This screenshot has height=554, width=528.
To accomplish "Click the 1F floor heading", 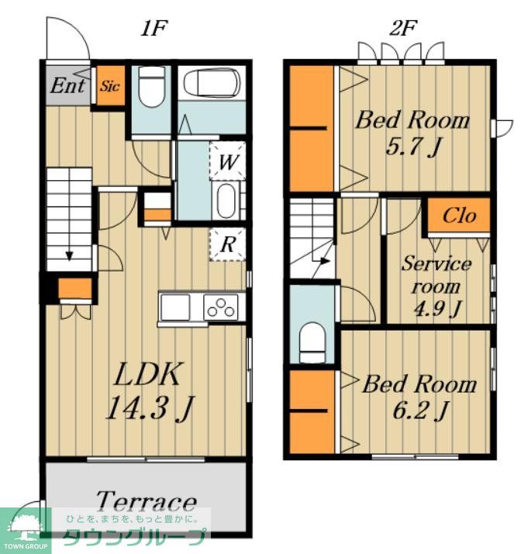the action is [x=154, y=28].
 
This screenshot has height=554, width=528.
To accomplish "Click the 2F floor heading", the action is [x=403, y=28].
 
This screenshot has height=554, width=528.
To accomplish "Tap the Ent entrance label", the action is [x=67, y=85].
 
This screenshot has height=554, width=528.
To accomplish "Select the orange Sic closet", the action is [x=111, y=85].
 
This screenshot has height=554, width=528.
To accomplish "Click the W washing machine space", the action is [x=228, y=161].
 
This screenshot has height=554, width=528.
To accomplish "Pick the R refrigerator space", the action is [x=228, y=244].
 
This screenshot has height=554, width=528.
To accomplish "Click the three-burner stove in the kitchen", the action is [x=221, y=306].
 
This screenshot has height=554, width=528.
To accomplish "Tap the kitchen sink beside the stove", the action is [x=175, y=306].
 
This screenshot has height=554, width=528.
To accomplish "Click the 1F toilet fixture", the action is [x=152, y=87].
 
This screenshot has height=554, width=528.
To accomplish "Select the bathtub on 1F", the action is [x=212, y=83].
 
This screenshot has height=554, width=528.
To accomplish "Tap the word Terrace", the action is [x=146, y=502].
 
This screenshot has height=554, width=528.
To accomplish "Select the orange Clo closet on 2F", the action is [x=459, y=215].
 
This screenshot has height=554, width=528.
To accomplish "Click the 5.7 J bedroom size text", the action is [x=413, y=147].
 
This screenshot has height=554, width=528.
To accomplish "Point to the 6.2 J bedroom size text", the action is [x=420, y=410].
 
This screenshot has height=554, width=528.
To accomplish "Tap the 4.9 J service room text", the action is [x=437, y=309].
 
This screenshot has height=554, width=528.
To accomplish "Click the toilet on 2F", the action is [x=312, y=341].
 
